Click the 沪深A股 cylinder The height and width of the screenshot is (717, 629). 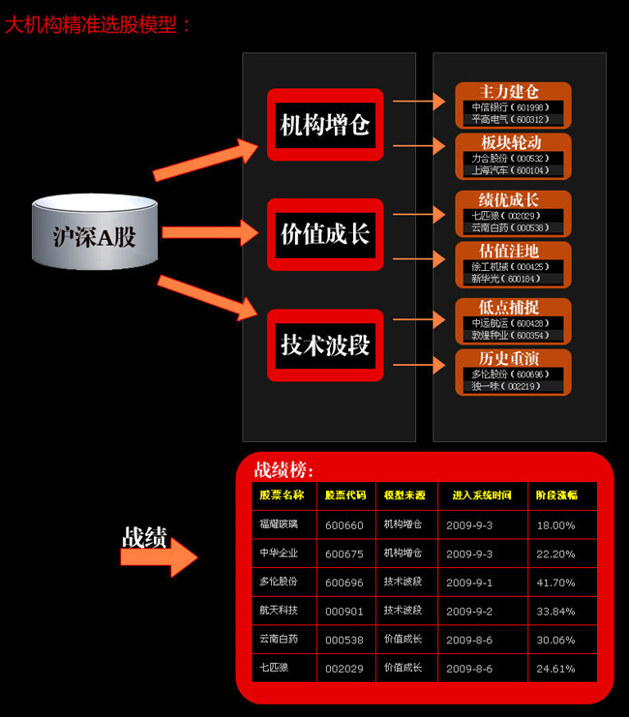94,234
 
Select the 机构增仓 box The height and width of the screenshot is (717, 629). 325,125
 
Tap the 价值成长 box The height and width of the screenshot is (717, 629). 325,234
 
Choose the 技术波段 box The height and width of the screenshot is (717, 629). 325,344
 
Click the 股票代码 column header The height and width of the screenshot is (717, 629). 345,494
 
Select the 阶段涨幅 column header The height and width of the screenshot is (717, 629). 556,494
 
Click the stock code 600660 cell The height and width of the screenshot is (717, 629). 344,525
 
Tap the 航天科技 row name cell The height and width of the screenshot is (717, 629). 279,611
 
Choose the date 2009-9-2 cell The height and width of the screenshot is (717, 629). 470,611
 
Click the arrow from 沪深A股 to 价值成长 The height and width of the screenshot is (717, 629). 209,233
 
